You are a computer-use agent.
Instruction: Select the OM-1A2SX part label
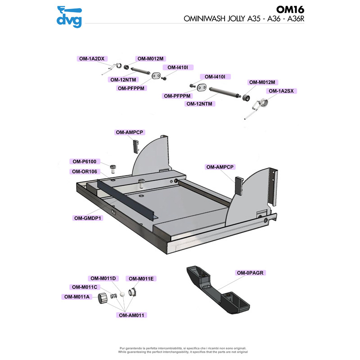click(280, 91)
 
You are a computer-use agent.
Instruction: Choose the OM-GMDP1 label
click(87, 218)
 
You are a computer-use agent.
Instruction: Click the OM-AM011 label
click(132, 315)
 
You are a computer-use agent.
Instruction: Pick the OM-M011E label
click(140, 279)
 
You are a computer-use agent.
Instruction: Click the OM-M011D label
click(103, 278)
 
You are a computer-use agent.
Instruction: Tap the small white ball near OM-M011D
click(121, 295)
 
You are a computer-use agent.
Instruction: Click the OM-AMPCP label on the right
click(220, 166)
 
